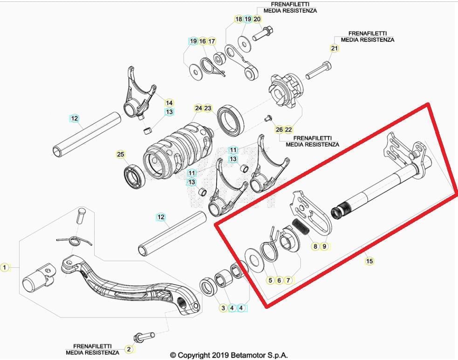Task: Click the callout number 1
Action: coord(5,267)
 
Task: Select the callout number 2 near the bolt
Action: coord(129,349)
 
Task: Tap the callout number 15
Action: coord(369,261)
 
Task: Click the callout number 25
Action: coord(120,154)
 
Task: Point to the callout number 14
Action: coord(169,103)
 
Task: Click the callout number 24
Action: coord(198,109)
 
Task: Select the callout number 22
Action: coord(288,129)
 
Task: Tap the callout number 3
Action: coord(223,308)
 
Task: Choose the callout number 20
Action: coord(257,19)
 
